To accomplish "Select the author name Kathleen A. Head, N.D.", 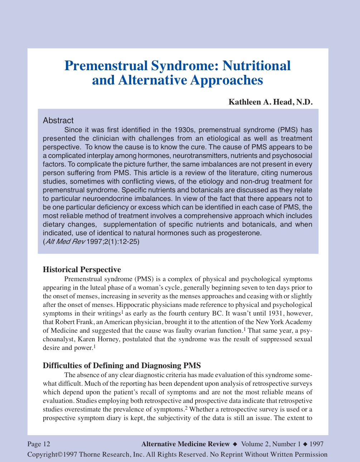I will click(271, 102).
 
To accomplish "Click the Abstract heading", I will click(58, 120).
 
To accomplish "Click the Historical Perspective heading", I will click(82, 270).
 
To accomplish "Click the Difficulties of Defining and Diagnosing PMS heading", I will click(122, 366).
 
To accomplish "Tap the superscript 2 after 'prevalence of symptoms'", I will click(181, 408).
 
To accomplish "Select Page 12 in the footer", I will click(39, 444).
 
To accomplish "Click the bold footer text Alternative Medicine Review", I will click(186, 444).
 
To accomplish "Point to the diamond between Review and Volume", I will click(235, 444).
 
